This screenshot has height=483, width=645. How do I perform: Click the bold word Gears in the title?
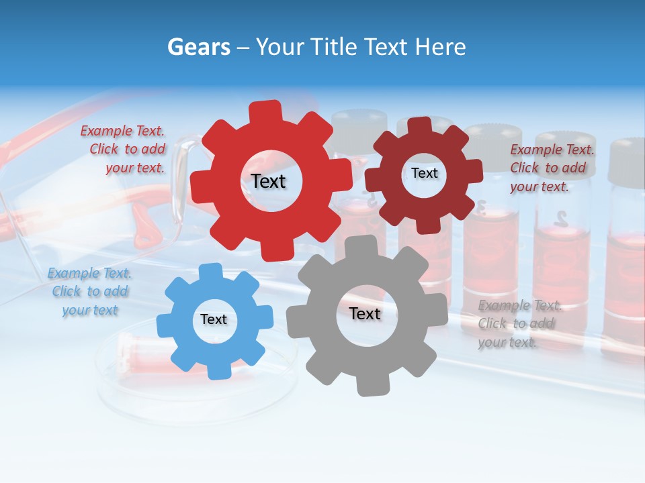click(x=199, y=47)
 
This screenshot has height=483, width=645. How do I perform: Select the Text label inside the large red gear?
click(x=268, y=181)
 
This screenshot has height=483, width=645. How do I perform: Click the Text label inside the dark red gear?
click(x=424, y=173)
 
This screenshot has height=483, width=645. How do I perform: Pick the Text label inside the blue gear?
click(x=214, y=319)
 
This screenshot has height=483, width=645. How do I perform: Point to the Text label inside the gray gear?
click(x=365, y=313)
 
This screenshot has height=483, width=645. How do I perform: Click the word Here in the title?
click(x=441, y=47)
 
